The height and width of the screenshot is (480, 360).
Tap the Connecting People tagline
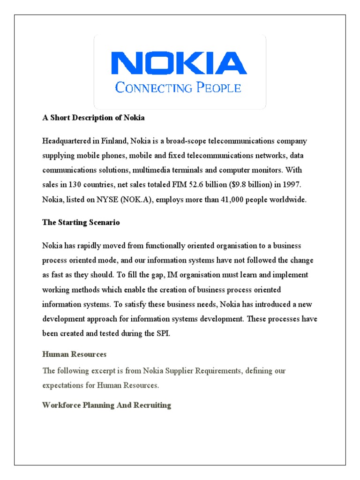pyautogui.click(x=178, y=88)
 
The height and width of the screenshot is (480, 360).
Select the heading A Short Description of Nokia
pyautogui.click(x=93, y=118)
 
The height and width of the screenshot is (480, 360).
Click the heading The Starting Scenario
pyautogui.click(x=81, y=223)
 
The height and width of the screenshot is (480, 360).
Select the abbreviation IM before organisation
pyautogui.click(x=162, y=275)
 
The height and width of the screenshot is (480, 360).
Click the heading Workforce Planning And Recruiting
pyautogui.click(x=106, y=405)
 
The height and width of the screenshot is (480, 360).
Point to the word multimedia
pyautogui.click(x=144, y=170)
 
